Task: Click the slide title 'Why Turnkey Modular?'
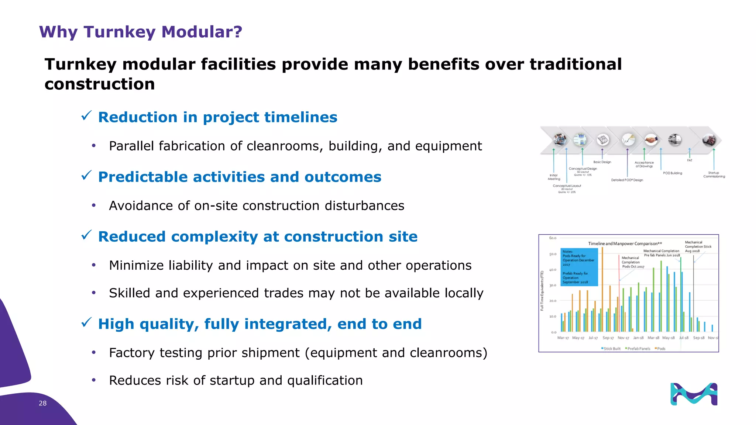141,32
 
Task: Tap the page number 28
43,403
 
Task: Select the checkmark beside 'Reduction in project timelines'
86,116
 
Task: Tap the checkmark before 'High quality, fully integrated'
86,323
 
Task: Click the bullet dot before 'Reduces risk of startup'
94,380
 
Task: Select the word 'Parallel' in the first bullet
131,146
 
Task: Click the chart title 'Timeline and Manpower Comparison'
625,243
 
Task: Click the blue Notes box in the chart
579,267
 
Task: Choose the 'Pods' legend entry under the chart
660,349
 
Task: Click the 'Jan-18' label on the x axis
638,338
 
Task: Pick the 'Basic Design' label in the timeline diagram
602,162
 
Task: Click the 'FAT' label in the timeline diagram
690,160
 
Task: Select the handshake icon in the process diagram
651,140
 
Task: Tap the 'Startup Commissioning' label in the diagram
714,175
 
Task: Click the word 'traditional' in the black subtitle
575,65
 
